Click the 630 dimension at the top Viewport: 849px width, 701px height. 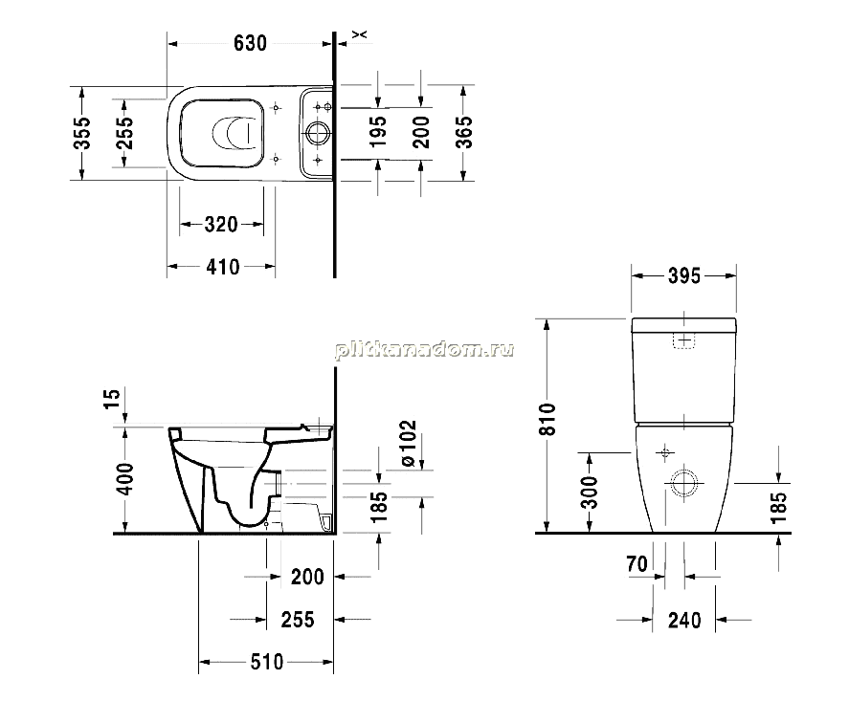[x=250, y=43]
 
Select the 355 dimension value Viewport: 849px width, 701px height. [x=82, y=133]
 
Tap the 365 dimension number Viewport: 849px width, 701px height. [x=464, y=132]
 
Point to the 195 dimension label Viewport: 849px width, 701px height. [x=377, y=131]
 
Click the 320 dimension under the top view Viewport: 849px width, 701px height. [x=221, y=224]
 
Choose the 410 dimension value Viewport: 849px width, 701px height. [x=222, y=267]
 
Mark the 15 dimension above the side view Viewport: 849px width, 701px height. [x=112, y=399]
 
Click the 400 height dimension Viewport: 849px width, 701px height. [x=125, y=479]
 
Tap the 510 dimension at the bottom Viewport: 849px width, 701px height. [x=267, y=662]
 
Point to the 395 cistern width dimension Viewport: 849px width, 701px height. [x=684, y=275]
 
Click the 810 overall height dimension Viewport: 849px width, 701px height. [x=547, y=419]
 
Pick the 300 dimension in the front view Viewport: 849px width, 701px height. [x=590, y=493]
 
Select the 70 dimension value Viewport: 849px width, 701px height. [x=637, y=564]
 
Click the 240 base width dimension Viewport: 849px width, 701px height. [x=684, y=621]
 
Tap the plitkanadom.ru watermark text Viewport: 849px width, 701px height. [x=425, y=350]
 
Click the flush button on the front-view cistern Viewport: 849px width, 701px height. [x=684, y=340]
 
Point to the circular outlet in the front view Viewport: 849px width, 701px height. [x=684, y=483]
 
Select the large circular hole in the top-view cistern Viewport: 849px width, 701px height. [x=317, y=133]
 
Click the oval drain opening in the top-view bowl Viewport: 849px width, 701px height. [x=233, y=133]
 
